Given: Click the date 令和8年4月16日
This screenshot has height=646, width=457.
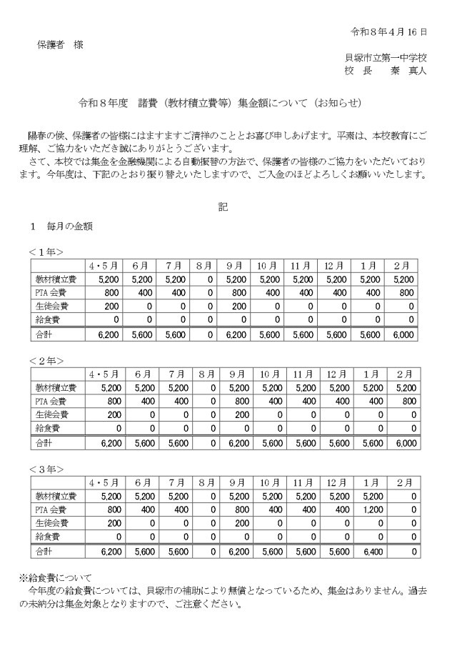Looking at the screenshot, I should [x=389, y=32].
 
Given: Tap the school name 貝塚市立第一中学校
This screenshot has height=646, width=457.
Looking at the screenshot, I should [x=386, y=58].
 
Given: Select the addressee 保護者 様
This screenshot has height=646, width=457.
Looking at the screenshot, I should [x=60, y=44].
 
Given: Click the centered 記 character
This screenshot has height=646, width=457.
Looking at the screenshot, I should [x=224, y=207].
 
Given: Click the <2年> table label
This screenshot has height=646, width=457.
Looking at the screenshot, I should [x=46, y=360].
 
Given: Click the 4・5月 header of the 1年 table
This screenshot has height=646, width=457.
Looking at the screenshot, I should [x=103, y=264].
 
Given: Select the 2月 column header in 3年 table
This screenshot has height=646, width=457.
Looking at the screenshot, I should [x=403, y=482].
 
